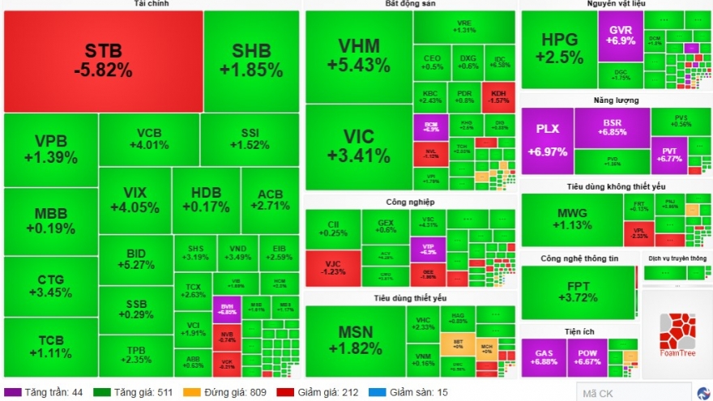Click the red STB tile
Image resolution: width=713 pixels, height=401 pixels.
point(103,61)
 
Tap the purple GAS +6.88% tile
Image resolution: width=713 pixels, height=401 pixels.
point(543,356)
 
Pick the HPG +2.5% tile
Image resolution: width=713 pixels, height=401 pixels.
point(559,49)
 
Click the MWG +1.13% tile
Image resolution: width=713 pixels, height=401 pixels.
point(571,219)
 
